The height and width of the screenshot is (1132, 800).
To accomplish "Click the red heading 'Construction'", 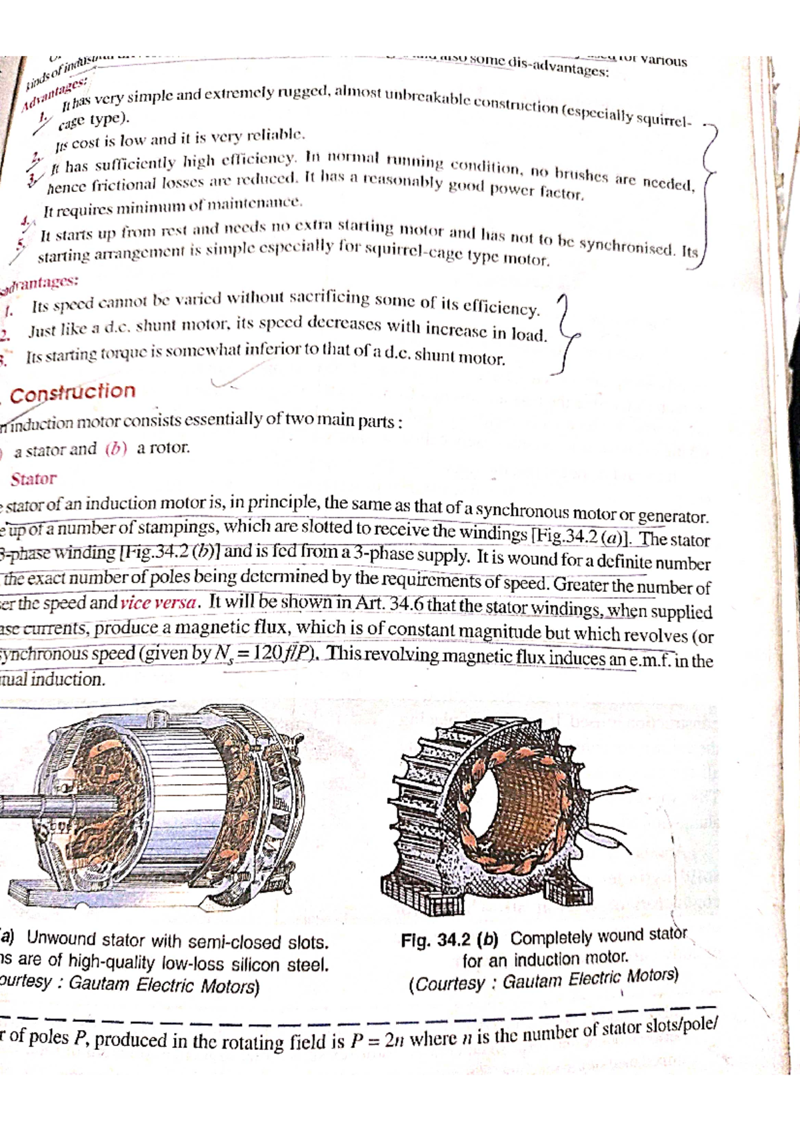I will tap(73, 393).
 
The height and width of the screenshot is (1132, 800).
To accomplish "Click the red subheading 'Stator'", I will tap(33, 479).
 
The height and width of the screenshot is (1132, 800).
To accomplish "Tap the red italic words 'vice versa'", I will tap(159, 603).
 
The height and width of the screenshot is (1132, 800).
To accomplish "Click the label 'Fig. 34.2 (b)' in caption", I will tap(449, 940).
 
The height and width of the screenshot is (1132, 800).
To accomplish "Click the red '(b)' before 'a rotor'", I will tap(116, 449).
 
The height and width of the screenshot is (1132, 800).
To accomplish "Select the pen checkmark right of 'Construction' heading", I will tap(227, 381).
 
